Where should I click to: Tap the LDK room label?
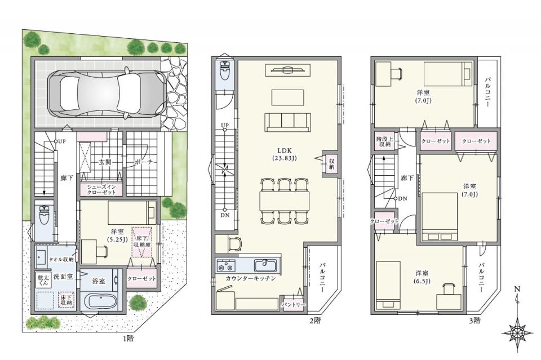pos(285,154)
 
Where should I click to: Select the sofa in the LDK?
pos(288,122)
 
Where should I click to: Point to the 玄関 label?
pos(105,162)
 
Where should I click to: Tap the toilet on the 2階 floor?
pos(225,71)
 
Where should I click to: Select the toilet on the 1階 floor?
pos(44,215)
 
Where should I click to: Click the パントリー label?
pos(293,305)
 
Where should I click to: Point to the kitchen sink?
pos(265,265)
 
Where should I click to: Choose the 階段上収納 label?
pos(384,142)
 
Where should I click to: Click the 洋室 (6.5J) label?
pos(422,277)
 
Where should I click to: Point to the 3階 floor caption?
pos(475,321)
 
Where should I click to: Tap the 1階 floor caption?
pos(128,338)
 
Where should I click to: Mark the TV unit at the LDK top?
pos(288,70)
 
